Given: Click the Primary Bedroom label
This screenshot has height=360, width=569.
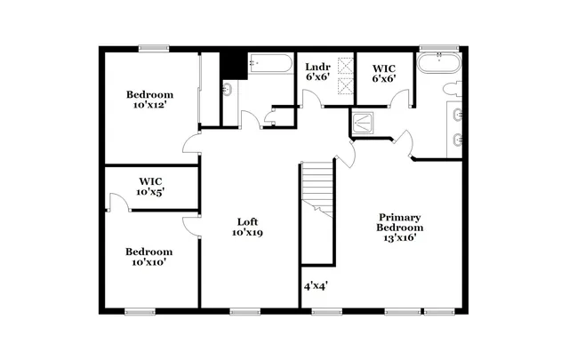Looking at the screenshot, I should (400, 228).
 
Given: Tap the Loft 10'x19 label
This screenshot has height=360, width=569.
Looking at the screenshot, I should (249, 227).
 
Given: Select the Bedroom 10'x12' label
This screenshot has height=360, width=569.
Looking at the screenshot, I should (149, 100).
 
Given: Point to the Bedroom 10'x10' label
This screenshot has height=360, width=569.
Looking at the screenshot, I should (148, 256).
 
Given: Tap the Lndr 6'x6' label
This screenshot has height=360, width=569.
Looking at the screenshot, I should (317, 72).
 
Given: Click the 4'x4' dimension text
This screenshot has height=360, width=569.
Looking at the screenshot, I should (317, 286).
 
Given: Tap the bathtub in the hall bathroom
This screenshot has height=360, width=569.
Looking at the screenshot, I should (268, 65).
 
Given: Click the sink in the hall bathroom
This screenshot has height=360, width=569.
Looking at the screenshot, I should (227, 89).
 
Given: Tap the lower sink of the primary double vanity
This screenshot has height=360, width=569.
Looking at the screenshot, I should (457, 139).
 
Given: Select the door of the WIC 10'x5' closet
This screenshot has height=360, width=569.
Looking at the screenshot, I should (117, 203).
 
